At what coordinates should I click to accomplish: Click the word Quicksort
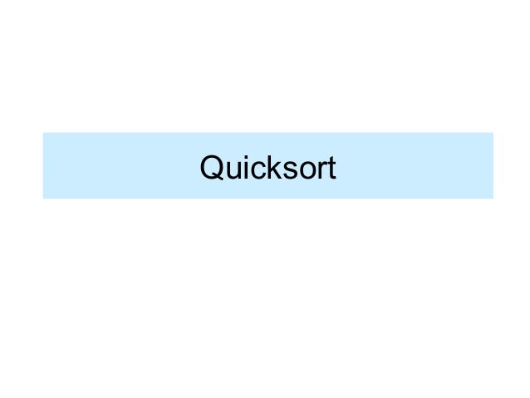[267, 169]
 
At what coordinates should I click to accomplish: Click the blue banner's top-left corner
[43, 133]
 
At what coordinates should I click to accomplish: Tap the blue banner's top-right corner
[493, 133]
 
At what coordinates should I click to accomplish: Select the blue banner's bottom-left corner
[43, 199]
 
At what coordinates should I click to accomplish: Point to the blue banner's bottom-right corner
[493, 199]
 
